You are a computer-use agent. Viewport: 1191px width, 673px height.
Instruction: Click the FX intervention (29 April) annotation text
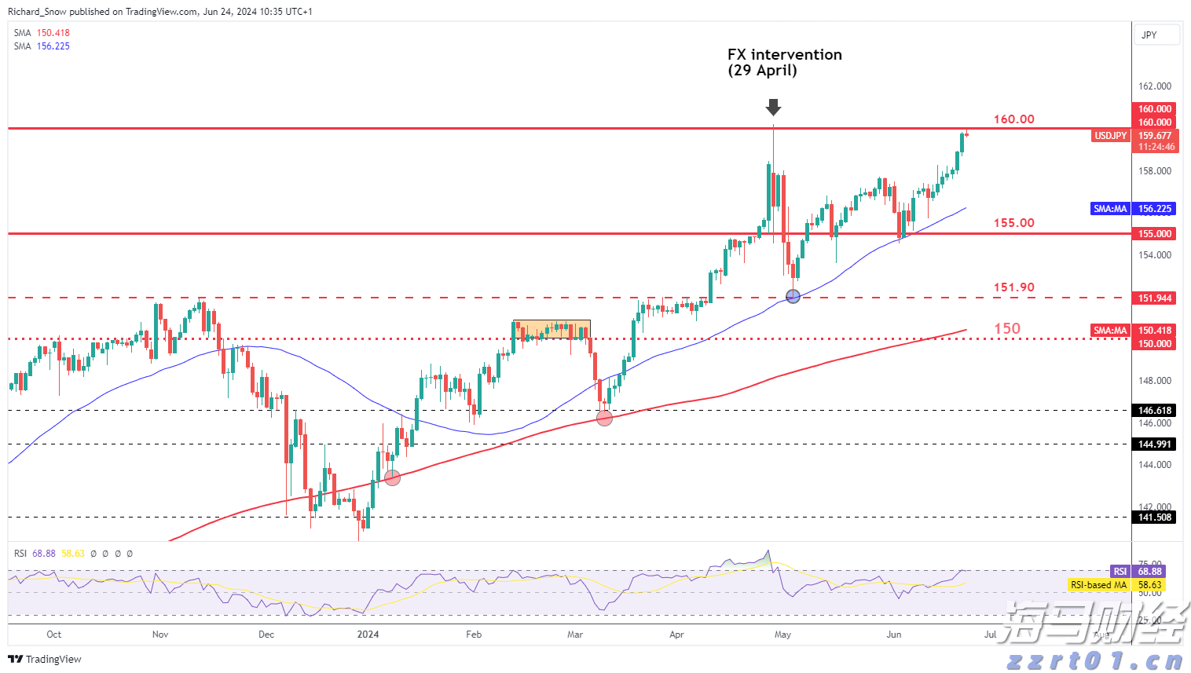pyautogui.click(x=784, y=62)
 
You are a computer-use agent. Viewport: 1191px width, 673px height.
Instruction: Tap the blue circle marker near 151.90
pyautogui.click(x=793, y=296)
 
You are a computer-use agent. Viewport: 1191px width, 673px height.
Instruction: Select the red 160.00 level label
pyautogui.click(x=1013, y=119)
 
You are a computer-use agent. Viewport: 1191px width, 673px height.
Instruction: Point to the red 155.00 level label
pyautogui.click(x=1013, y=223)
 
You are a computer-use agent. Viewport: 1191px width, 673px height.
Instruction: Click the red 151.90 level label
pyautogui.click(x=1013, y=287)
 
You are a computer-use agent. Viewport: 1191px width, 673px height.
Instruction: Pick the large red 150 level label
pyautogui.click(x=1007, y=329)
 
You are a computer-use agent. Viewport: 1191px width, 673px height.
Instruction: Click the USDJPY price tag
pyautogui.click(x=1110, y=136)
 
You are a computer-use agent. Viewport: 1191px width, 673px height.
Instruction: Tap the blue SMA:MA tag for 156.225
pyautogui.click(x=1110, y=209)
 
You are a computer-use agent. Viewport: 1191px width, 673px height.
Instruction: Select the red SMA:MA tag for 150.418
pyautogui.click(x=1110, y=331)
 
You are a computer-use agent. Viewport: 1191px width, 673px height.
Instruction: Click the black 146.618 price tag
pyautogui.click(x=1155, y=411)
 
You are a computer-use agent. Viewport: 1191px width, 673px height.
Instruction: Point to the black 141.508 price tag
pyautogui.click(x=1155, y=518)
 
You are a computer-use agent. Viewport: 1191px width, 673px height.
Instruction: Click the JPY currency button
pyautogui.click(x=1156, y=35)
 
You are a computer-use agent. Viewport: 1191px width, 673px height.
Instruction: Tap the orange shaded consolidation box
pyautogui.click(x=552, y=329)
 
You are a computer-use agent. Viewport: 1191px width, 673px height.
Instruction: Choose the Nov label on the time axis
pyautogui.click(x=160, y=635)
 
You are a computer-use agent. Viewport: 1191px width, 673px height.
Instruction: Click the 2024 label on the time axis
pyautogui.click(x=368, y=635)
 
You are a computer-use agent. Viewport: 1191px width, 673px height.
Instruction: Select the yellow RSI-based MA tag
pyautogui.click(x=1098, y=585)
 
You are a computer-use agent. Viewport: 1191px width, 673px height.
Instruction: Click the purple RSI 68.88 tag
pyautogui.click(x=1120, y=572)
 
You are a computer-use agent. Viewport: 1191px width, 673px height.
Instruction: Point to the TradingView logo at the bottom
pyautogui.click(x=45, y=660)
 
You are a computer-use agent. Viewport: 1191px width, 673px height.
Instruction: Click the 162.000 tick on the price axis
pyautogui.click(x=1155, y=86)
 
